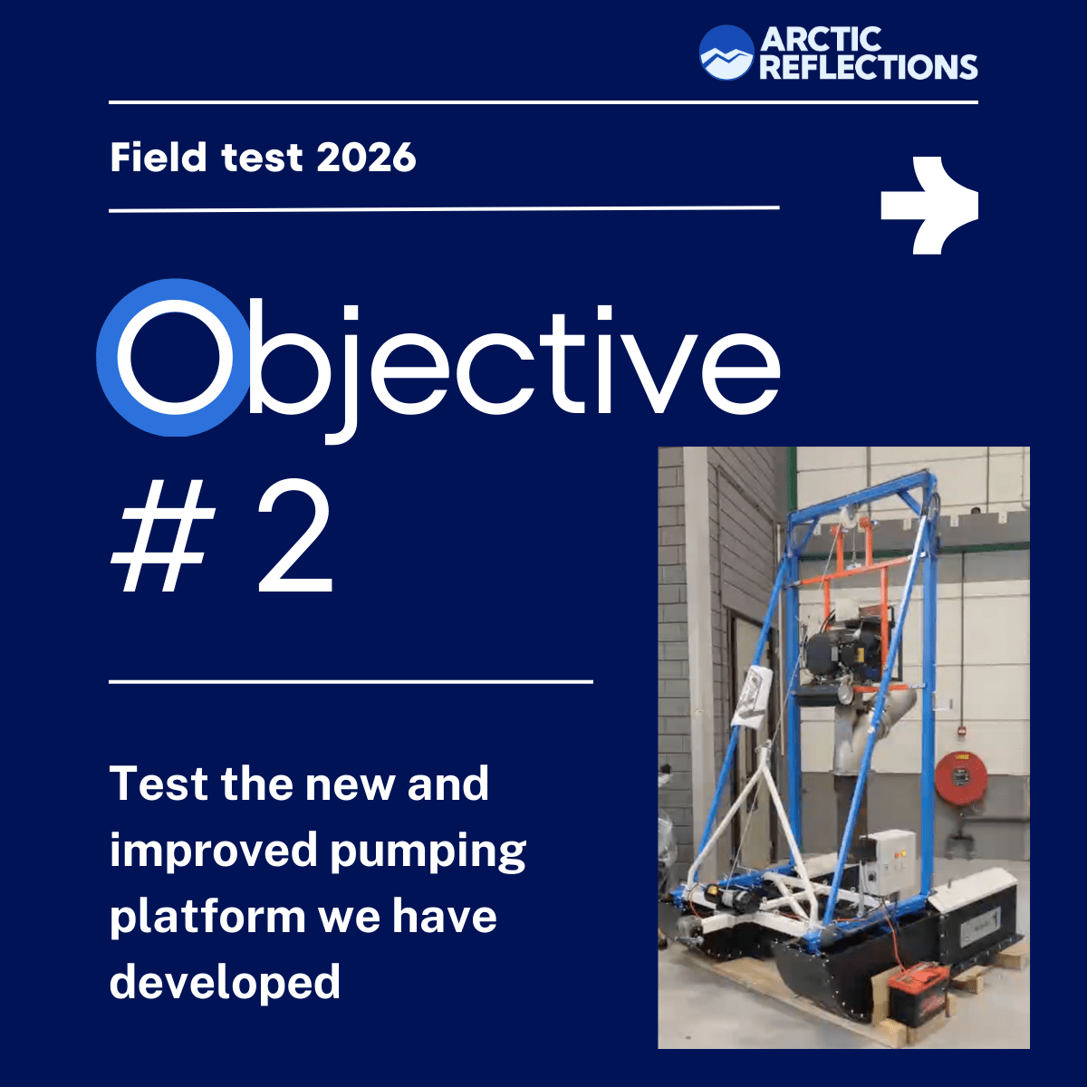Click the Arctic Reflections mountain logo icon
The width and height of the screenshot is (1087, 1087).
(x=726, y=53)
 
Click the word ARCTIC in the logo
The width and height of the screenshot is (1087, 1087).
(x=821, y=40)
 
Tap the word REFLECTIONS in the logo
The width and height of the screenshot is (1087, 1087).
(x=869, y=66)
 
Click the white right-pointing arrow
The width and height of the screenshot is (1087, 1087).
(x=929, y=206)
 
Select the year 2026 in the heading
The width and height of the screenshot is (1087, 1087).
(x=366, y=158)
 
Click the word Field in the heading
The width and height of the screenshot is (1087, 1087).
(x=158, y=157)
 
